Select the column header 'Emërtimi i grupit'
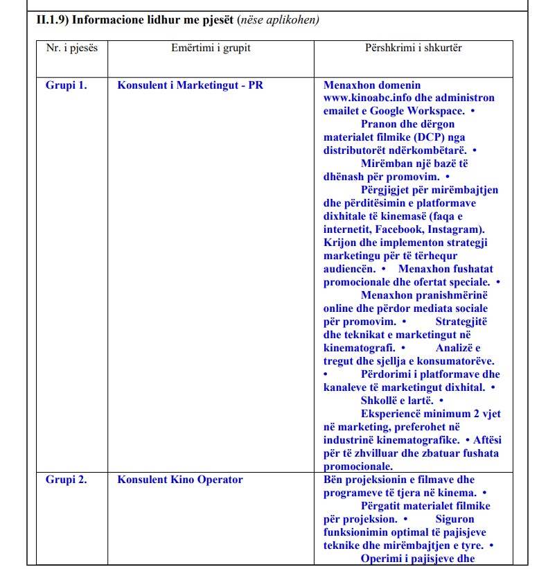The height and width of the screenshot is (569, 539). [x=211, y=48]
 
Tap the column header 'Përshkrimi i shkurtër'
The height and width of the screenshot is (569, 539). [x=413, y=48]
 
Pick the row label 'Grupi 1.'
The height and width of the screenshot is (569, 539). [x=67, y=85]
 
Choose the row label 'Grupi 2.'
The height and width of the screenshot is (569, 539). [x=67, y=480]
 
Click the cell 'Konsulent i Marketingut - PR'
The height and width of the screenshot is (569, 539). [x=191, y=85]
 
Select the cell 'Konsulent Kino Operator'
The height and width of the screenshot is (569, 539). [x=180, y=480]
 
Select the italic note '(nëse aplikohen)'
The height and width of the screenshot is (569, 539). [x=278, y=20]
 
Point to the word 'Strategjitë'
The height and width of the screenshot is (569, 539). [x=461, y=322]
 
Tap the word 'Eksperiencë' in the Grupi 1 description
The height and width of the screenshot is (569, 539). [x=394, y=414]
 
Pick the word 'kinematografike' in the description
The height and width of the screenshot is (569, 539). [x=418, y=440]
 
